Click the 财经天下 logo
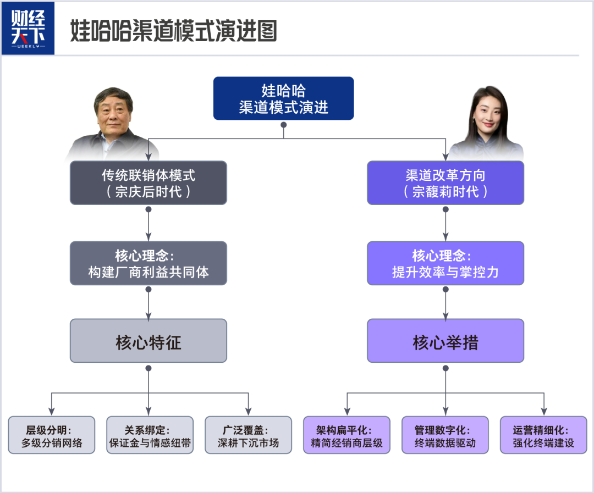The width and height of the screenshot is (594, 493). pos(35,28)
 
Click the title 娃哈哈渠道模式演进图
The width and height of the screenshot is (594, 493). pos(173,31)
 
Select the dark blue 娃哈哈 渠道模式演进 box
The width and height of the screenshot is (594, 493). pos(283,98)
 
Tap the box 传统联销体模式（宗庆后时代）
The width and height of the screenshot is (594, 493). pos(148,183)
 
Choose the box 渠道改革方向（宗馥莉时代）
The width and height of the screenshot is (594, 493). pos(445,183)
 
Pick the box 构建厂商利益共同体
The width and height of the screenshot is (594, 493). pos(148,263)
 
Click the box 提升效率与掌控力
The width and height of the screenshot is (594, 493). pos(445,263)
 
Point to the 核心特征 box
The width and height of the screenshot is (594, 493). pos(148,341)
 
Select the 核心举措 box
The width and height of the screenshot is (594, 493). pos(445,341)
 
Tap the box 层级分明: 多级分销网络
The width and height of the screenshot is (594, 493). pos(52,435)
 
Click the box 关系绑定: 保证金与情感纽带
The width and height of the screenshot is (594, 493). pos(150,435)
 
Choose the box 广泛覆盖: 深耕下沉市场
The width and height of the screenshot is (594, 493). pos(248,435)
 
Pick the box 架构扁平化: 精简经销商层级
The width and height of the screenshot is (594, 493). pos(346,435)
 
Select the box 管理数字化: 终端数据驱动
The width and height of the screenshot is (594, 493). pos(445,435)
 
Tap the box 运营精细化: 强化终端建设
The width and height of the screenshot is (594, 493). pos(543,435)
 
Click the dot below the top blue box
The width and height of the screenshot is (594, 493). pos(283,125)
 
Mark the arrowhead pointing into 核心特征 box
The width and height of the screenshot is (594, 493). pos(148,315)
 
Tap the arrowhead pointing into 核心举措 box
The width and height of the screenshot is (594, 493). pos(445,315)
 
